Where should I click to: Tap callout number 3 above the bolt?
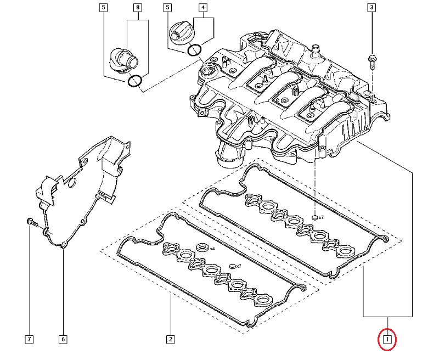pos(372,8)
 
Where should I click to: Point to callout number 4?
pos(203,8)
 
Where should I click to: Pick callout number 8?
pos(138,8)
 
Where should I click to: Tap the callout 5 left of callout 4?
pos(167,8)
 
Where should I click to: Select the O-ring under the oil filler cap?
pos(195,50)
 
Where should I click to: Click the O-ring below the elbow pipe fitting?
pos(135,81)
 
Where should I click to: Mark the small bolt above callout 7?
pos(31,222)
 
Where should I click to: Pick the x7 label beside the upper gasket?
pos(321,218)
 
